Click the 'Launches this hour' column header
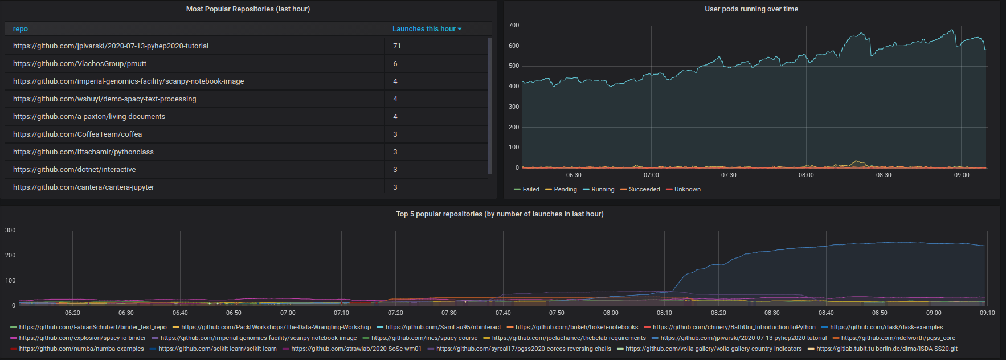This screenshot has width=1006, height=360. point(424,29)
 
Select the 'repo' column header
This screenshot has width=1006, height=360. point(21,29)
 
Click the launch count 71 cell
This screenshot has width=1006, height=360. point(397,46)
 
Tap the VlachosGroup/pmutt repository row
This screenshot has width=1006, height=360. point(80,64)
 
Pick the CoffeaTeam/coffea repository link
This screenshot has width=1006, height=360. point(77,134)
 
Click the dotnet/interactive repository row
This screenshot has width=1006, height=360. point(75,170)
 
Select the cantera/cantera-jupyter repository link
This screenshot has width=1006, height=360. point(84,187)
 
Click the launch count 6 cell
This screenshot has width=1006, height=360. point(395,64)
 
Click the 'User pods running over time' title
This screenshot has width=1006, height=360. point(751,9)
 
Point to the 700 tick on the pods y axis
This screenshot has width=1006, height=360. point(513,26)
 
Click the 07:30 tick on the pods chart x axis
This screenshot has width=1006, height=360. point(729,175)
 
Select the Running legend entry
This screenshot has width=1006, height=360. point(602,190)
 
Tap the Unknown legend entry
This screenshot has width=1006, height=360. point(687,190)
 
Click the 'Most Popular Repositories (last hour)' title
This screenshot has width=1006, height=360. point(248,9)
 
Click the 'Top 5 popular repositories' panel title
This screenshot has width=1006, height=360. point(500,214)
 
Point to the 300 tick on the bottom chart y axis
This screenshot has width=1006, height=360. point(10,231)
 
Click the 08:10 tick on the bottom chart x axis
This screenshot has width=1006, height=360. point(664,313)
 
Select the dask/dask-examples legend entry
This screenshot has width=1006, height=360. point(886,328)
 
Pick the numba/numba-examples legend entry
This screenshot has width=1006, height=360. point(81,349)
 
